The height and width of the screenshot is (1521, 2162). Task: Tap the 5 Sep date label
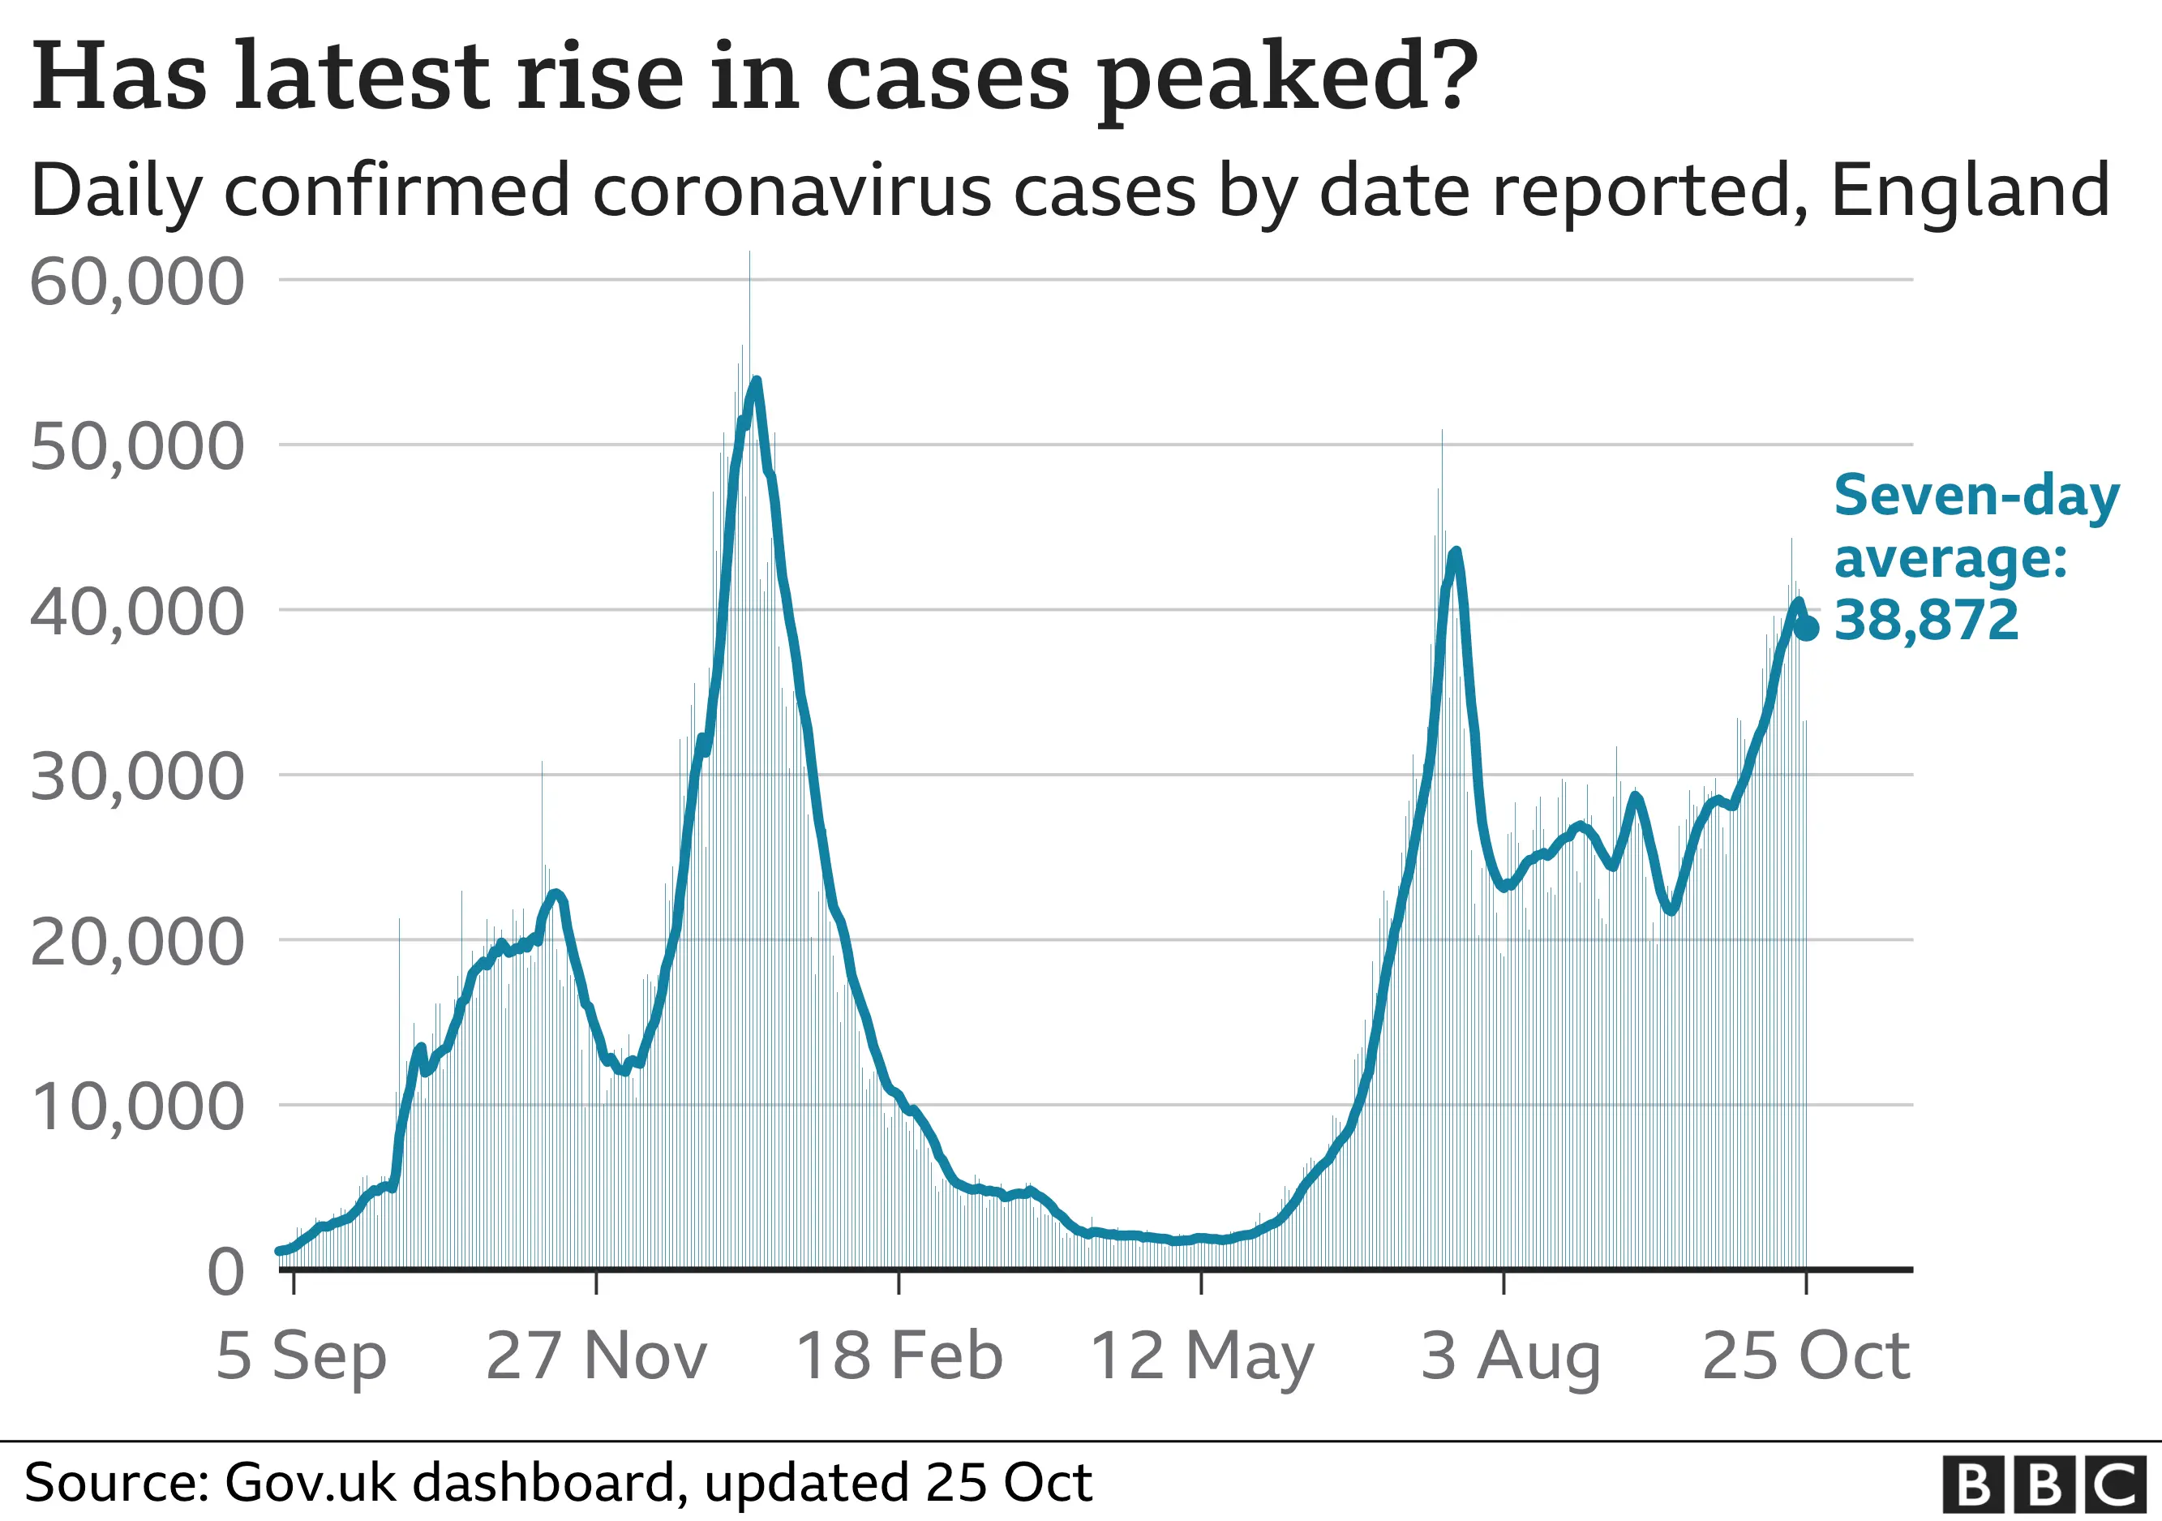300,1357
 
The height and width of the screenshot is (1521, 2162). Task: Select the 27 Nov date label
596,1357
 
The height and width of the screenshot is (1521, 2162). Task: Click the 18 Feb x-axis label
899,1357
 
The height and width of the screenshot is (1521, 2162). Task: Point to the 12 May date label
1202,1357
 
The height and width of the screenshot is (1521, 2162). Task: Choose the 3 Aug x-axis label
1510,1357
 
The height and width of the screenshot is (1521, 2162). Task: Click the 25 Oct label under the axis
1806,1357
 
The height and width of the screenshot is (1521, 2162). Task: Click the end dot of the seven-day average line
1806,628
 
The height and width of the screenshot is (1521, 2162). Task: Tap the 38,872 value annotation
1927,621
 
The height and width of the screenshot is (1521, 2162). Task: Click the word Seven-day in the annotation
1976,496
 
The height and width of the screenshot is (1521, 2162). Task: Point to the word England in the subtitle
1970,191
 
